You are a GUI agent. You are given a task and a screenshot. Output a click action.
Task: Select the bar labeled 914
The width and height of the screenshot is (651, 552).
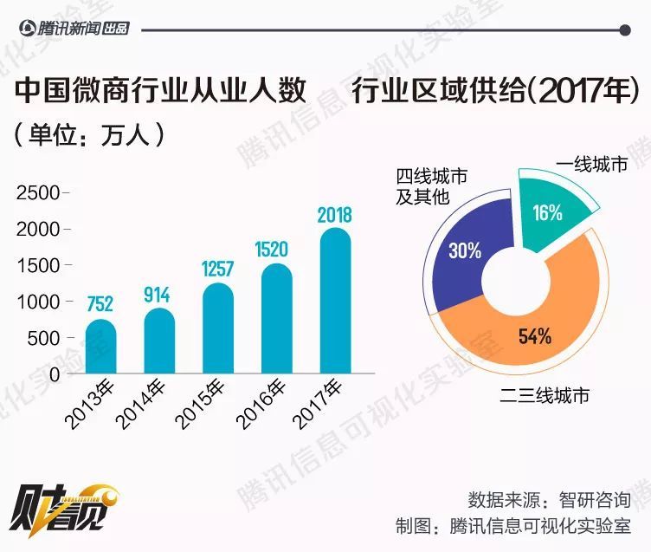(159, 342)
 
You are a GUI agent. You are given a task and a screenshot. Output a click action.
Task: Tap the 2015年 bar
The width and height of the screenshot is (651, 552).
(218, 330)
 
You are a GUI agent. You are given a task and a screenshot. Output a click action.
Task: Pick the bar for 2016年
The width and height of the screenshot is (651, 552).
(276, 321)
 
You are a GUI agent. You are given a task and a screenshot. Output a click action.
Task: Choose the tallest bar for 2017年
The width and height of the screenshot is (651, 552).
(334, 302)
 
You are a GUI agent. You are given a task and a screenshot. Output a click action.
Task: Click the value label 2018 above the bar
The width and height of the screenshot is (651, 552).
(334, 215)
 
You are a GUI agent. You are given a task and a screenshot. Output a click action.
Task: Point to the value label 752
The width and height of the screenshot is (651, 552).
(100, 306)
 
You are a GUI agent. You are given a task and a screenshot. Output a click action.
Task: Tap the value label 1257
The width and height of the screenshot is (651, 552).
(218, 270)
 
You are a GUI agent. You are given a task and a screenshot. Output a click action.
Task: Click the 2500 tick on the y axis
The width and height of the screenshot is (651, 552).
(38, 192)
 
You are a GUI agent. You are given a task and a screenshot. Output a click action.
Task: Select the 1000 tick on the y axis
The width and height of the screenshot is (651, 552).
(38, 302)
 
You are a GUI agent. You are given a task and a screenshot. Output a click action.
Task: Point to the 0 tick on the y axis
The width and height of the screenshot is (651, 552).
(54, 374)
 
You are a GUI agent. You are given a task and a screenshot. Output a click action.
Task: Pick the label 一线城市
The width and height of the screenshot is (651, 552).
(592, 165)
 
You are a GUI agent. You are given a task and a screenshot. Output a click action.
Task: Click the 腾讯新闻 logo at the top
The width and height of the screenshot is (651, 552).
(74, 29)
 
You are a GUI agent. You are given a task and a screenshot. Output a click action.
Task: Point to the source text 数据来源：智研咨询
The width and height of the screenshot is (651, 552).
(549, 499)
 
